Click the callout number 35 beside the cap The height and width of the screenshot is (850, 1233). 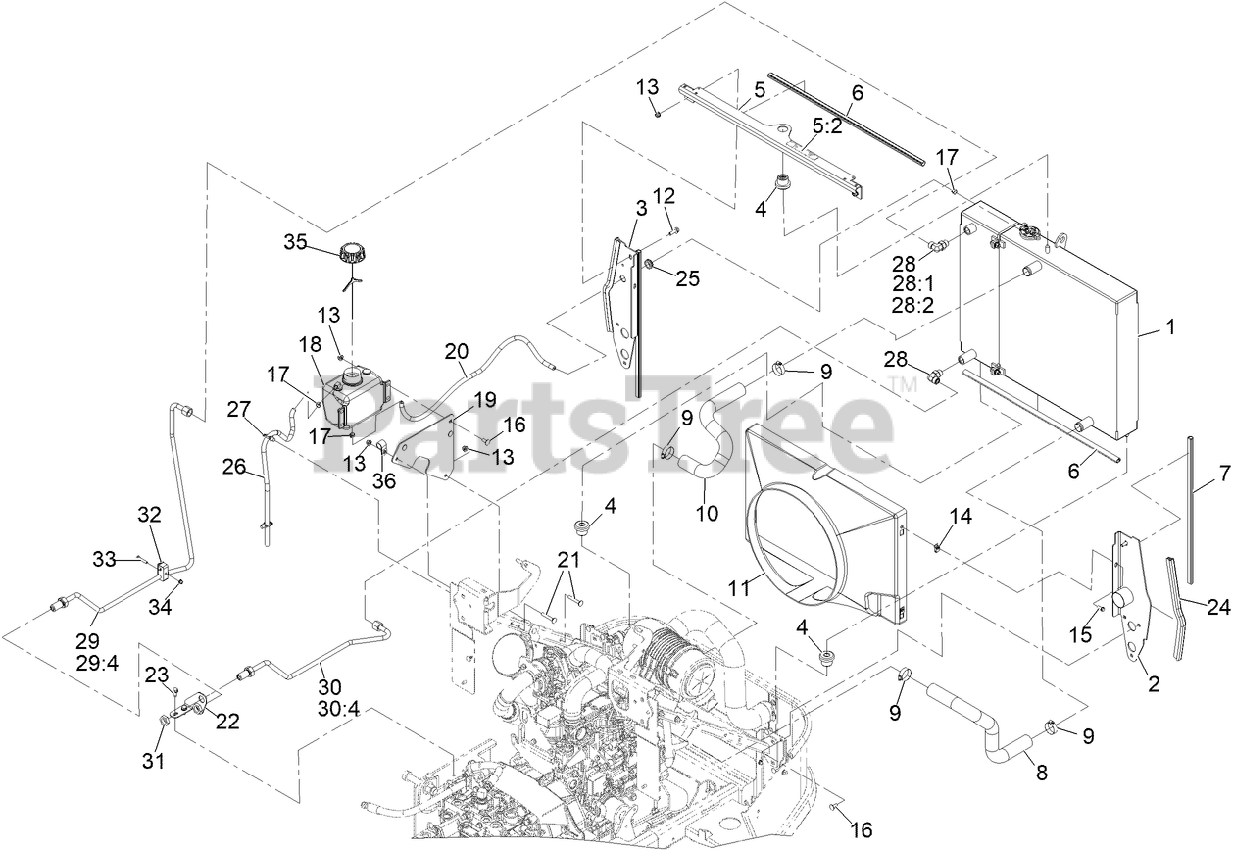(296, 241)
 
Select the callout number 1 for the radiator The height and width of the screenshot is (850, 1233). (1168, 328)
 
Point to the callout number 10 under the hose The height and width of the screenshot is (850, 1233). (707, 512)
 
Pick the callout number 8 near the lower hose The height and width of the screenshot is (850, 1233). (1041, 773)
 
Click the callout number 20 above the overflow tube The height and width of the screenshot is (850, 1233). (456, 351)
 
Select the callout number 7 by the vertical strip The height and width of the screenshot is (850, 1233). (1223, 474)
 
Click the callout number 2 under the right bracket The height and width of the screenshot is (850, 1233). (1153, 685)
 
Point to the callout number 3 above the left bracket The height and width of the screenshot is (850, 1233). (641, 208)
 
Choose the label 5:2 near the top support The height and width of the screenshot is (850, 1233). (827, 126)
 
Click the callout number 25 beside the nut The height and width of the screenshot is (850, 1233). (688, 278)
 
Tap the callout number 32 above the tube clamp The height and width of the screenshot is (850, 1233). (149, 514)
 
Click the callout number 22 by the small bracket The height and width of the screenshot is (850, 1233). (227, 721)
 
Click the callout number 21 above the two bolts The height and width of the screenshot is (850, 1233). (569, 560)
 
